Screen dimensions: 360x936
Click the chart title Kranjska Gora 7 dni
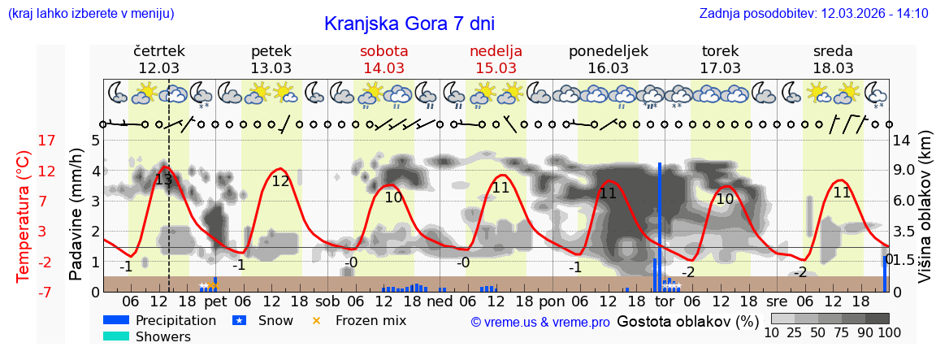point(409,24)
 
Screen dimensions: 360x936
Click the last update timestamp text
point(813,13)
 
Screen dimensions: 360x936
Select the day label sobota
point(384,50)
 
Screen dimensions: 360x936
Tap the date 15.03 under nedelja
point(496,67)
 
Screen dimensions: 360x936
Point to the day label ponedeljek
point(609,50)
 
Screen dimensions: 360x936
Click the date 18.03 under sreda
point(833,67)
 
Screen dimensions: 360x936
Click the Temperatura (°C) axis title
point(24,215)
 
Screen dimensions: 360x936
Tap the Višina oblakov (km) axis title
point(925,215)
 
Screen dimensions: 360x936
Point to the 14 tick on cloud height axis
point(903,141)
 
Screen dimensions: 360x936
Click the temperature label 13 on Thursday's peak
point(163,180)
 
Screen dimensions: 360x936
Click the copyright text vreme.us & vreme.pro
point(540,322)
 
